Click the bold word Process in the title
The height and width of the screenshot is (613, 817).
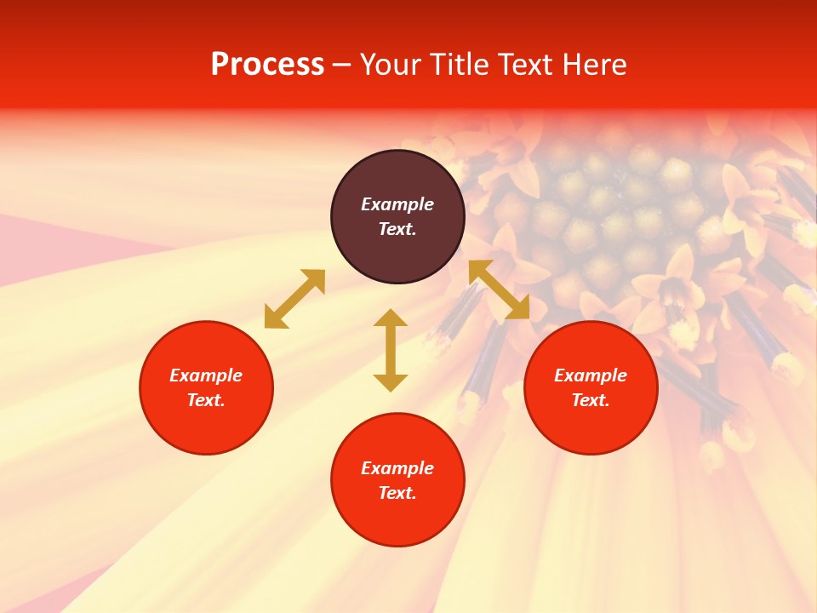click(x=267, y=65)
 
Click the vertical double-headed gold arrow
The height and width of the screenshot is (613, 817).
click(x=391, y=350)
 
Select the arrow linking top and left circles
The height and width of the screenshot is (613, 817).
click(x=294, y=299)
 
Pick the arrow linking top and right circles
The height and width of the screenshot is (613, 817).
click(x=499, y=290)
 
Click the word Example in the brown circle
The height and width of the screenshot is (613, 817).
click(x=397, y=204)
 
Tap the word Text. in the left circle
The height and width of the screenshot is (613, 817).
click(x=206, y=400)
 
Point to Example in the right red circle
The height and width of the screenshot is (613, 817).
click(x=591, y=375)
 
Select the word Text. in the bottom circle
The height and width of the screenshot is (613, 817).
click(x=397, y=493)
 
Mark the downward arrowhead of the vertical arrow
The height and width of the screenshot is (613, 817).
click(x=391, y=381)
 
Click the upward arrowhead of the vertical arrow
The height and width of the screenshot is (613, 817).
click(x=391, y=319)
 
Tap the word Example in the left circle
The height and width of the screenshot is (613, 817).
click(x=206, y=375)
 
